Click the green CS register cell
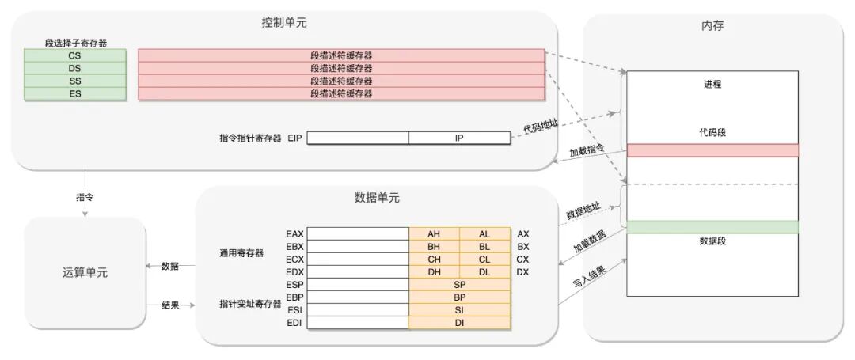click(74, 55)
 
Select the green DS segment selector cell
click(74, 68)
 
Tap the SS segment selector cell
click(74, 81)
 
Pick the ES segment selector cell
click(74, 93)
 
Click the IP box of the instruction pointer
click(459, 138)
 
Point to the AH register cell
click(434, 234)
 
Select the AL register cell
click(484, 234)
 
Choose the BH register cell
click(434, 247)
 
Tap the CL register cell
click(484, 260)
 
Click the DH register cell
click(434, 272)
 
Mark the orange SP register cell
click(459, 285)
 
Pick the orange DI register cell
click(459, 323)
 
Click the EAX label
click(294, 234)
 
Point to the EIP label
click(295, 138)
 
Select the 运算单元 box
click(85, 273)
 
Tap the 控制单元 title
click(284, 23)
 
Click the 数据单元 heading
click(377, 198)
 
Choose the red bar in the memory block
click(712, 150)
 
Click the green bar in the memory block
click(712, 227)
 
